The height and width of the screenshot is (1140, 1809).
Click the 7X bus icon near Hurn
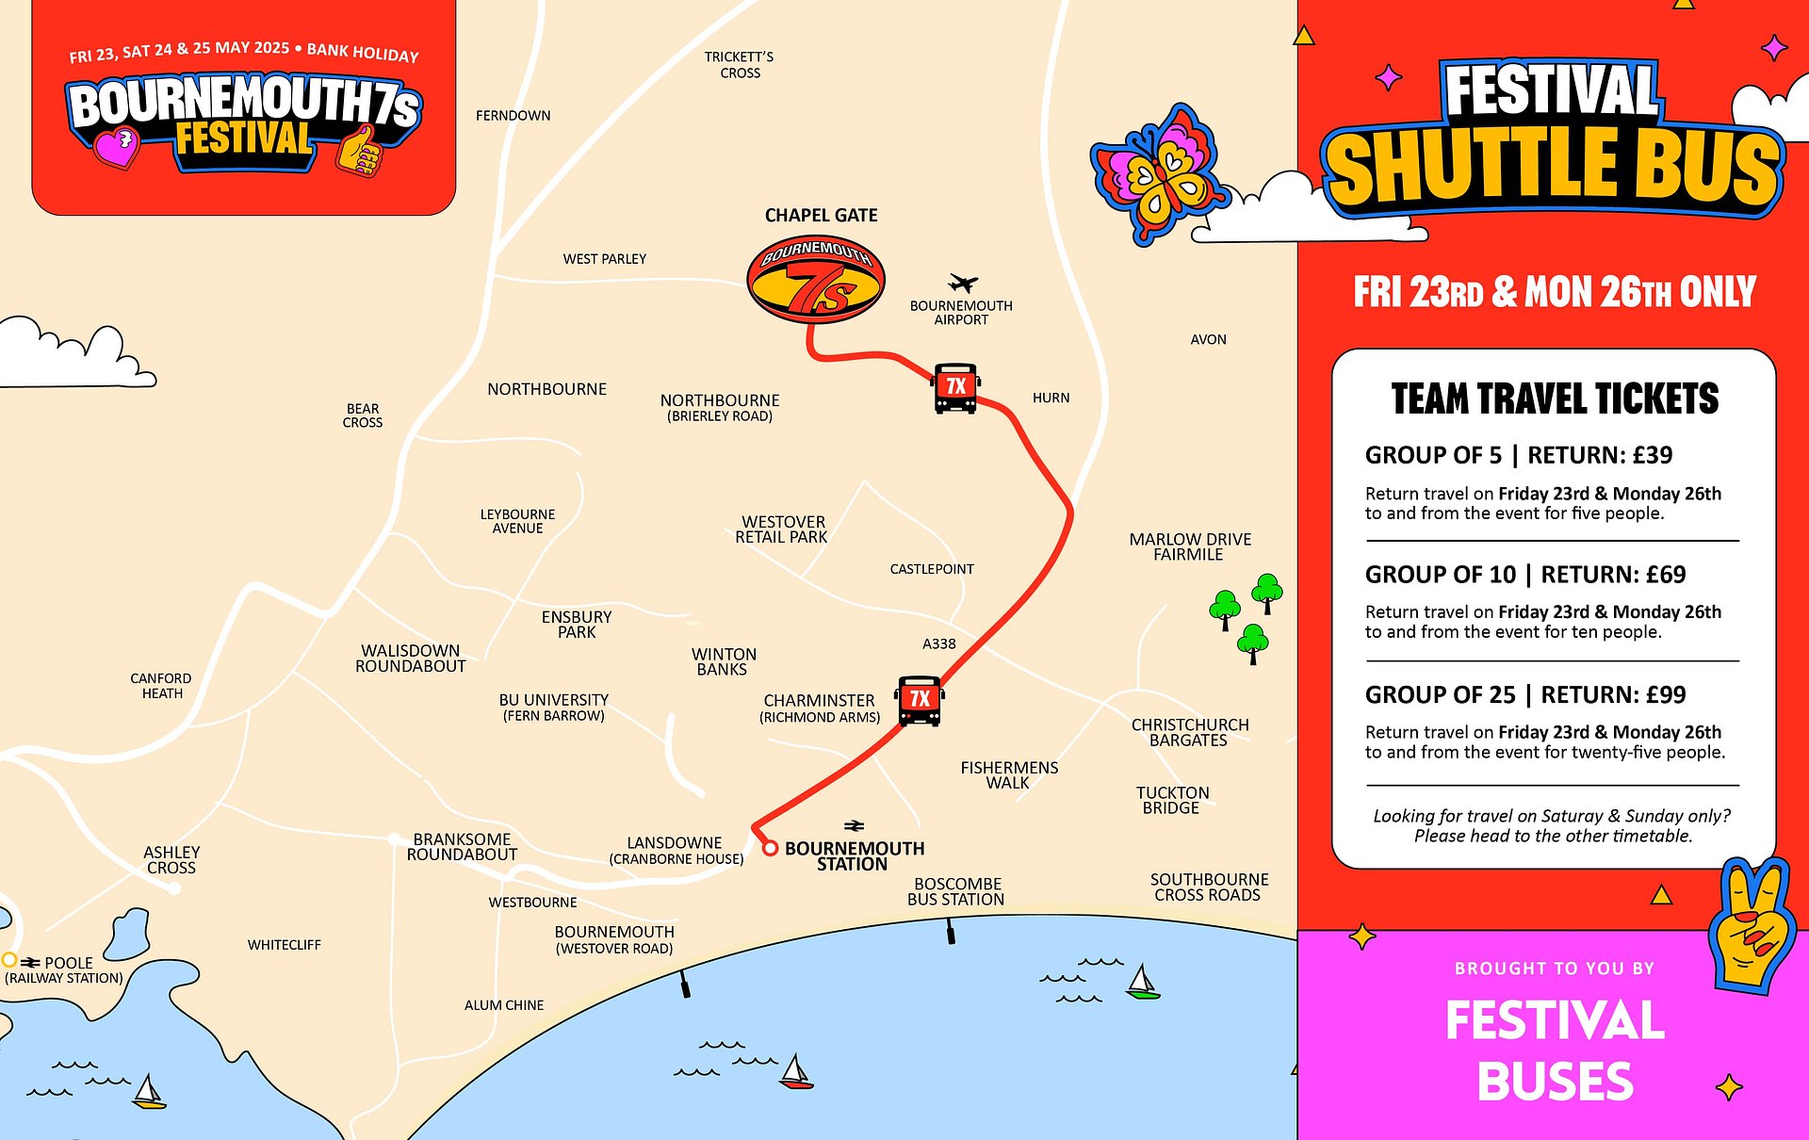[956, 387]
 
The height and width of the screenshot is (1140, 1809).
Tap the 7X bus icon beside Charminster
[920, 700]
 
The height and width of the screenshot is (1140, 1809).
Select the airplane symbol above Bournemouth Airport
[962, 283]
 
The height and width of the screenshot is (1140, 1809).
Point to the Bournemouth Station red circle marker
[770, 848]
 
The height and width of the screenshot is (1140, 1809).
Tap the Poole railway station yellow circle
[9, 960]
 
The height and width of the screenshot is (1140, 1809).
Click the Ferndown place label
[513, 116]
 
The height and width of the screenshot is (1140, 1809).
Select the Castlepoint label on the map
[931, 569]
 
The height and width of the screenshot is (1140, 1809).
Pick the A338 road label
[938, 644]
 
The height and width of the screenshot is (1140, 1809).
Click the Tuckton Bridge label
[1172, 800]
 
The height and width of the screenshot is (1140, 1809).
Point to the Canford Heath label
[161, 686]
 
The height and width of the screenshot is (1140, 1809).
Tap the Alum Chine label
[504, 1005]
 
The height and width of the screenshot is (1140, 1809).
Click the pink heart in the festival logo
[117, 148]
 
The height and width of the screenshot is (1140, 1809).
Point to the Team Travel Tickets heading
[1555, 399]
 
